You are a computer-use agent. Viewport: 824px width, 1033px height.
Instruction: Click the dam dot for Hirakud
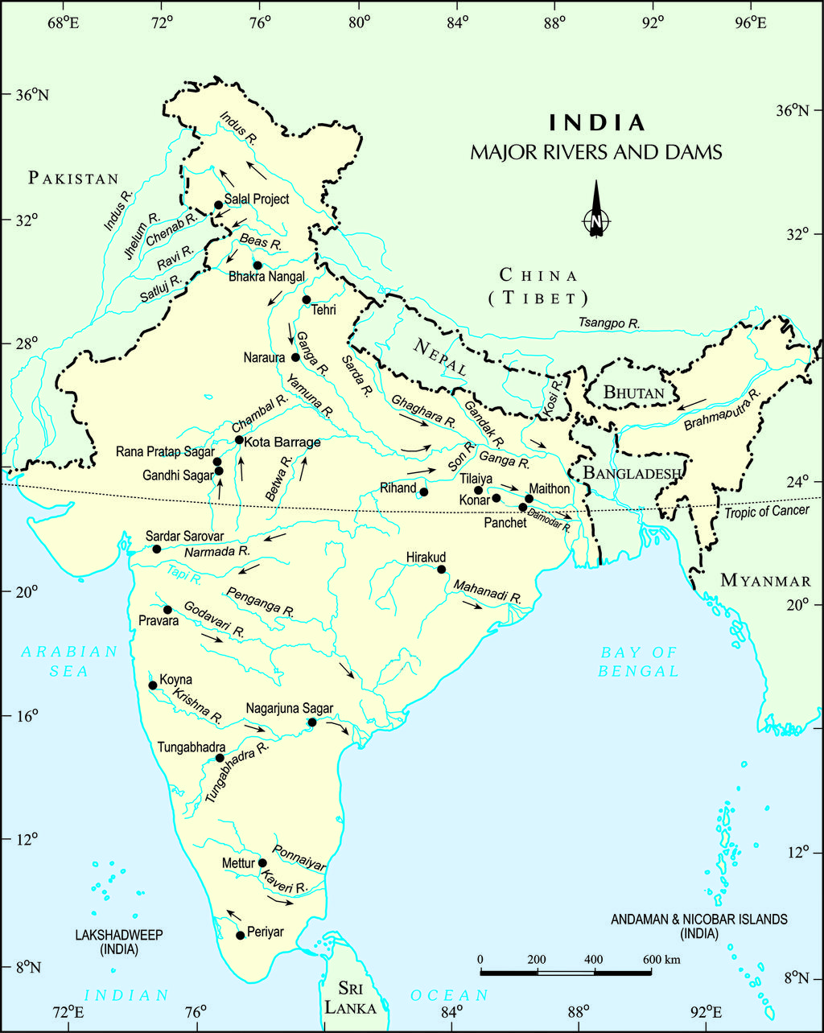(x=441, y=570)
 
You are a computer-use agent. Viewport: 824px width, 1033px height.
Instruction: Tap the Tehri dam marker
(x=307, y=300)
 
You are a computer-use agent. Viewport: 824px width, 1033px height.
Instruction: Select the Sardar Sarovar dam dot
(x=157, y=549)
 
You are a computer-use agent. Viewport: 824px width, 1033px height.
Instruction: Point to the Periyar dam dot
(x=240, y=935)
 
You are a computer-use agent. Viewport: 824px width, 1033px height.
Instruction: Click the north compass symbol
(x=595, y=211)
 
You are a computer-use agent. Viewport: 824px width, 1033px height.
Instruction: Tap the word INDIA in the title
(x=597, y=123)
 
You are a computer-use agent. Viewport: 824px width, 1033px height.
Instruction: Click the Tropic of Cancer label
(x=766, y=511)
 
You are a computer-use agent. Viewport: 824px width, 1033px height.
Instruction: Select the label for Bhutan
(x=634, y=393)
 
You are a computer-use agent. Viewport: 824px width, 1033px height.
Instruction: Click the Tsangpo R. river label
(x=609, y=323)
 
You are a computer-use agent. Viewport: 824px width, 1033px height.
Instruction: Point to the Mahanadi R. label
(x=488, y=592)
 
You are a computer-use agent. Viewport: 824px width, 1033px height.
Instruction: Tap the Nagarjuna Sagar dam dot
(x=312, y=722)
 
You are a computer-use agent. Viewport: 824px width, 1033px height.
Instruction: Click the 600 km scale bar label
(x=661, y=960)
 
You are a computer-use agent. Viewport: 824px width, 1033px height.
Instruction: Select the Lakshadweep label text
(x=119, y=942)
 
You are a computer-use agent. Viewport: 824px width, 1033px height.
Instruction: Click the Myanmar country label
(x=765, y=580)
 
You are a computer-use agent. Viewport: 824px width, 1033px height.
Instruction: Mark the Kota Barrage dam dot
(x=239, y=440)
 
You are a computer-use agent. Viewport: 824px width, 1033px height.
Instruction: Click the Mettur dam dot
(x=262, y=863)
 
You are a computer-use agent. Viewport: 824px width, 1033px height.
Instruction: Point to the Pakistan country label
(x=73, y=179)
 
